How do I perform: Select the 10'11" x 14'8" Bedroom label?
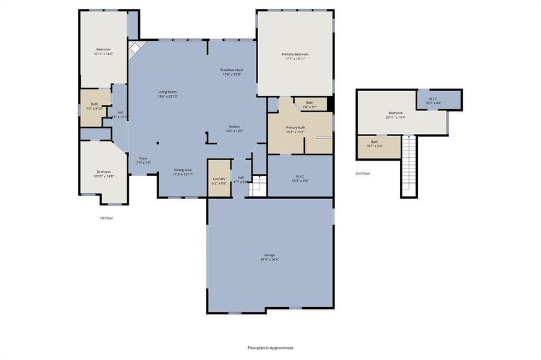[103, 174]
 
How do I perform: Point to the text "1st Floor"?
[106, 218]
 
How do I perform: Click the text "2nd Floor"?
[363, 173]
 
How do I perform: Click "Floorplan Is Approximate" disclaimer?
[271, 347]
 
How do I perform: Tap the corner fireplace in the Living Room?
[136, 48]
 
